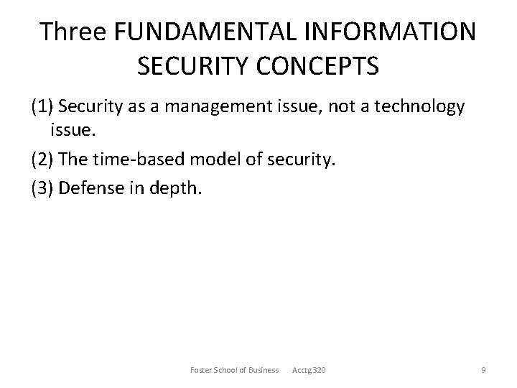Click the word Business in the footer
tap(263, 370)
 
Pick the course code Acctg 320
tap(309, 370)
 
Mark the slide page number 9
tap(483, 370)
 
